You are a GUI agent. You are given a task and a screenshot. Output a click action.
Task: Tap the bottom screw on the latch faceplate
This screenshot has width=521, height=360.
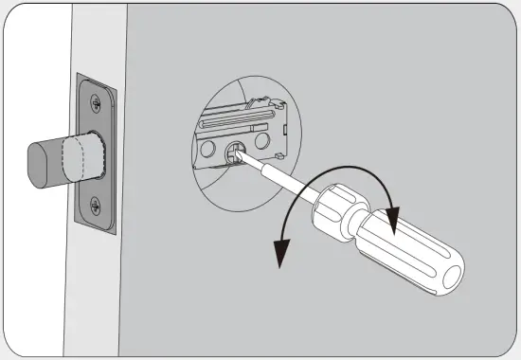click(x=96, y=203)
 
